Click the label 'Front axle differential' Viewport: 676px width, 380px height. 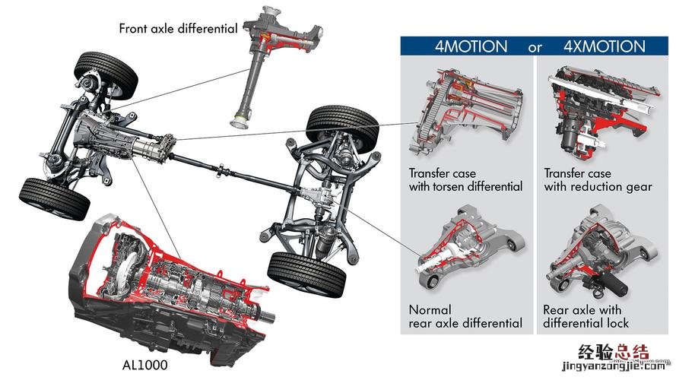click(178, 29)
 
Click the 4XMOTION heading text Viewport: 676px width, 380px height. click(604, 46)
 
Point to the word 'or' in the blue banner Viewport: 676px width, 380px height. click(535, 47)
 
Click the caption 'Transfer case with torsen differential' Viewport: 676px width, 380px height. click(465, 179)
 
